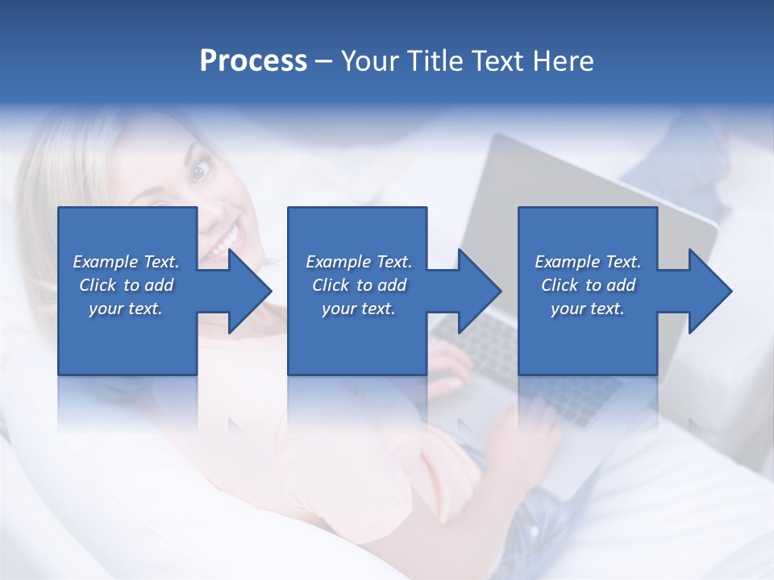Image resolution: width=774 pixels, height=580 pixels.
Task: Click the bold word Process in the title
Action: pyautogui.click(x=253, y=61)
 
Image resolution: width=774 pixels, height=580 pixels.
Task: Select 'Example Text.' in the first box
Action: pyautogui.click(x=127, y=262)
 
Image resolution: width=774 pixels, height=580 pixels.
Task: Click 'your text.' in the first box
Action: pyautogui.click(x=127, y=309)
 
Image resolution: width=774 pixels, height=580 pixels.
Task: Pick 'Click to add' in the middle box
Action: pyautogui.click(x=359, y=285)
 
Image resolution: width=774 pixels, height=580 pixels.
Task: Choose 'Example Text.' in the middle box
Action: pyautogui.click(x=359, y=262)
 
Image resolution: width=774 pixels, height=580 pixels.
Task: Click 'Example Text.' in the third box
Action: pyautogui.click(x=588, y=262)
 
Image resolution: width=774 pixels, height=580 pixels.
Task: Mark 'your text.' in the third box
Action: pyautogui.click(x=588, y=309)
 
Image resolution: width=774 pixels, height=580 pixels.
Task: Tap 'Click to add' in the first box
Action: pyautogui.click(x=127, y=285)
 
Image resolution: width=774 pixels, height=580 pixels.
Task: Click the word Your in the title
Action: pyautogui.click(x=368, y=61)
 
